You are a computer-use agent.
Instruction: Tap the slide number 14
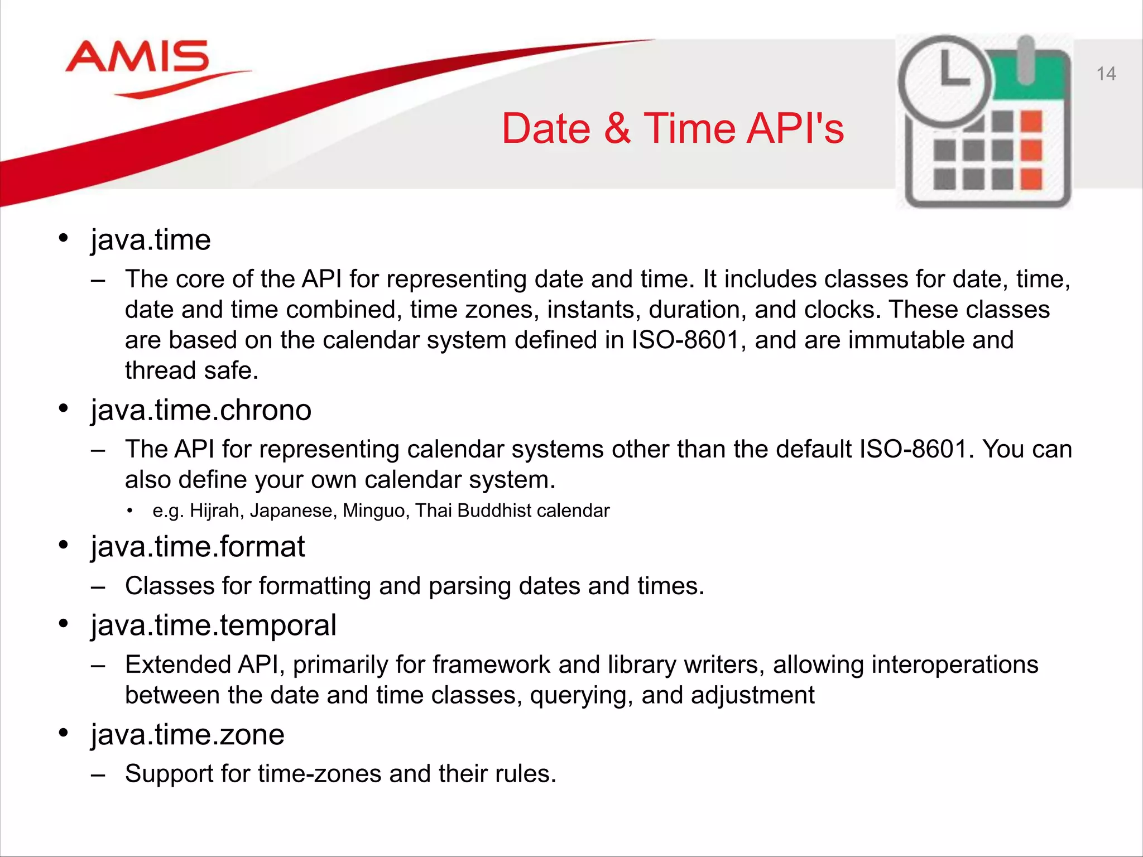click(x=1106, y=74)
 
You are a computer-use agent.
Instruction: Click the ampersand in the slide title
click(x=617, y=129)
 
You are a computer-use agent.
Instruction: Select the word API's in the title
click(x=795, y=129)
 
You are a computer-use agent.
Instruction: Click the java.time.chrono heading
click(x=201, y=411)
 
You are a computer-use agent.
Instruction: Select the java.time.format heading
click(x=198, y=547)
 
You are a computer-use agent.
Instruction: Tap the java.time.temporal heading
click(x=213, y=625)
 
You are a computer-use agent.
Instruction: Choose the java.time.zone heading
click(x=188, y=735)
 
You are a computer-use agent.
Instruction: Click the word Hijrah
click(x=216, y=511)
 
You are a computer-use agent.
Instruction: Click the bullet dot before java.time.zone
click(x=64, y=733)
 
